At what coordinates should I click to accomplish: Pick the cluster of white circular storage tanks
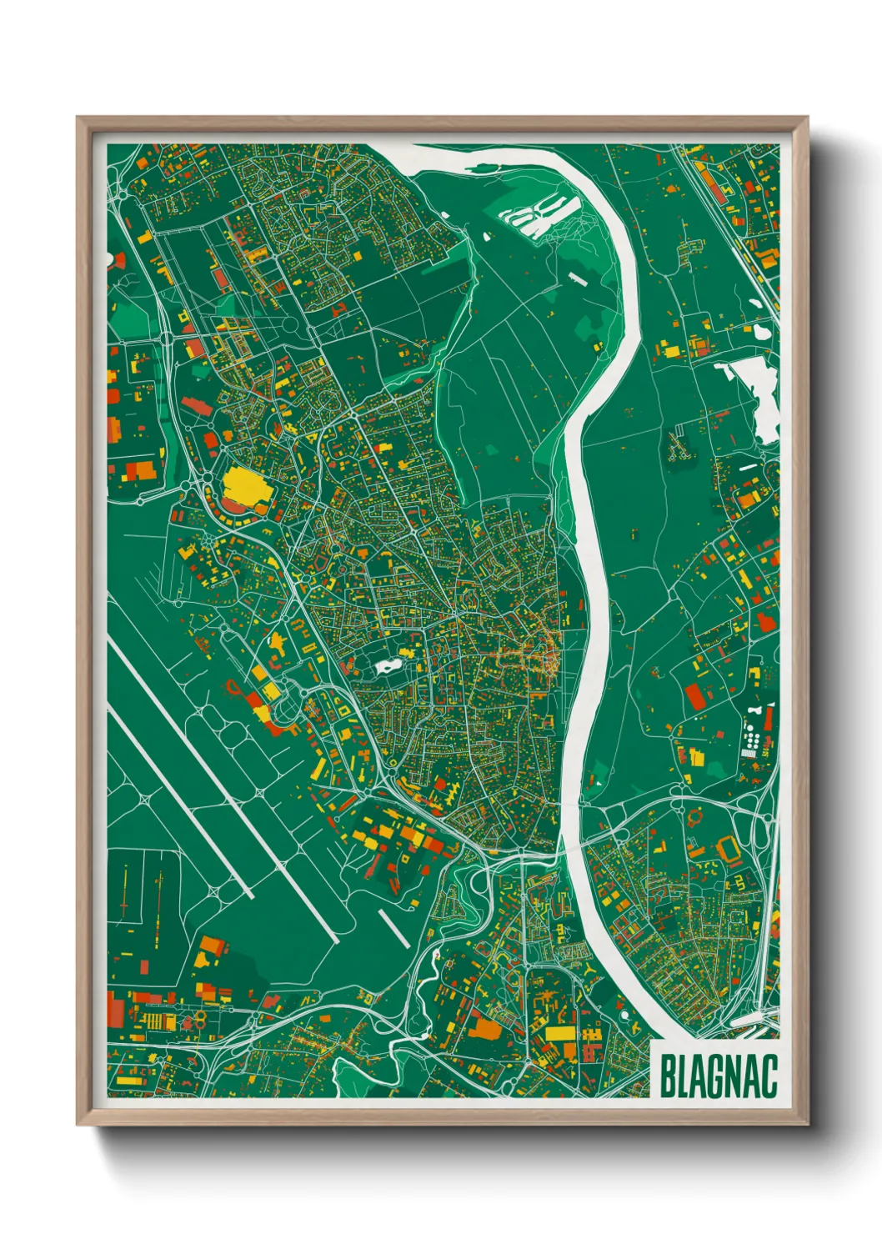point(753,737)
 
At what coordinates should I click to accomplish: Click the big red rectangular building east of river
point(694,696)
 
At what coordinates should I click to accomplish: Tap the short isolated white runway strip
point(394,928)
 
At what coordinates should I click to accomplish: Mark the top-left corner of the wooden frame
point(78,118)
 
